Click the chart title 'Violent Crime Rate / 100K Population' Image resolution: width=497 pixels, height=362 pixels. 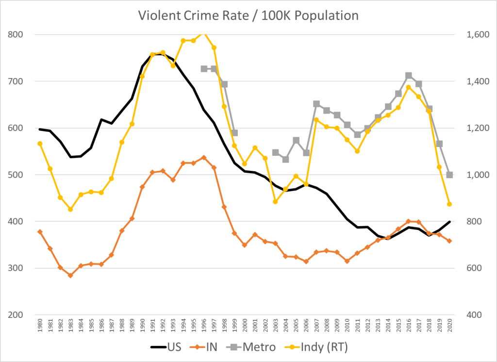[x=248, y=15]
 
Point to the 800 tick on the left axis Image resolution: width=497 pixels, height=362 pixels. [x=16, y=34]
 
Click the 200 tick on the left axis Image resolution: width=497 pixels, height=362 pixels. [x=16, y=315]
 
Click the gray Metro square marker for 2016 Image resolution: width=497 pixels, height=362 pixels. [x=409, y=76]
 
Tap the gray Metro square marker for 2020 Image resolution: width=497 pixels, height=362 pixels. [x=449, y=175]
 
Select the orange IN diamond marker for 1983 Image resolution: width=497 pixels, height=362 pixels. [x=70, y=276]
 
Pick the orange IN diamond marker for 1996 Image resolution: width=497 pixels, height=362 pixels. [x=204, y=157]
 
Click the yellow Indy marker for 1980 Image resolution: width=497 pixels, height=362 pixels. [x=40, y=143]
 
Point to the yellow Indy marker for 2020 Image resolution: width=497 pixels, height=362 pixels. [x=449, y=204]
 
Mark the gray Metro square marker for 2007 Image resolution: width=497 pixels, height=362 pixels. [x=316, y=104]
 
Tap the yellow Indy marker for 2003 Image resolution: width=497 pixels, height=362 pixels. [x=275, y=201]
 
